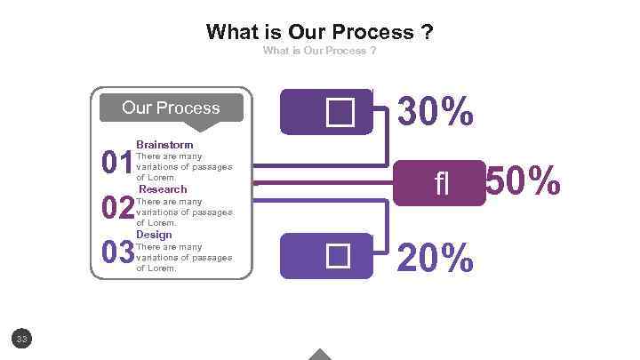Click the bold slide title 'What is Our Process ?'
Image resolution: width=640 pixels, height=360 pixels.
click(319, 33)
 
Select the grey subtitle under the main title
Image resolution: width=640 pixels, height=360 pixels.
click(319, 51)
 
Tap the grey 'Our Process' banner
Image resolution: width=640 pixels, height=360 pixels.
click(171, 108)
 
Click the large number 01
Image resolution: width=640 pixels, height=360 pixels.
click(117, 164)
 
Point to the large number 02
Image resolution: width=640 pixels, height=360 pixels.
click(117, 209)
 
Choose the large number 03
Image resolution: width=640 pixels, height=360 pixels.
click(117, 253)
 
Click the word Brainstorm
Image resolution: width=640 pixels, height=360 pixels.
click(164, 144)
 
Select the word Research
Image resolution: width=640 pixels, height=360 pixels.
click(163, 189)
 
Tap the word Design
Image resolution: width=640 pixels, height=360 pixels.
click(154, 235)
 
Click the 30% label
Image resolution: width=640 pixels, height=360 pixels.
click(436, 113)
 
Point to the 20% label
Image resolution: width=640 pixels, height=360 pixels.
click(436, 258)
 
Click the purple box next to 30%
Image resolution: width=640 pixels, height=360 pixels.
click(326, 112)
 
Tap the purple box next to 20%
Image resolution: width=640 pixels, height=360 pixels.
click(326, 256)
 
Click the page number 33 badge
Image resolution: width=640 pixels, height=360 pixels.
click(23, 338)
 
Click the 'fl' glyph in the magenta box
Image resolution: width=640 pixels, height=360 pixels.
click(442, 184)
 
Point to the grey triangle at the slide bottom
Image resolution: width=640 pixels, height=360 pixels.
click(320, 354)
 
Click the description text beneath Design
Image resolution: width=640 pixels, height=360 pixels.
click(183, 257)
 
